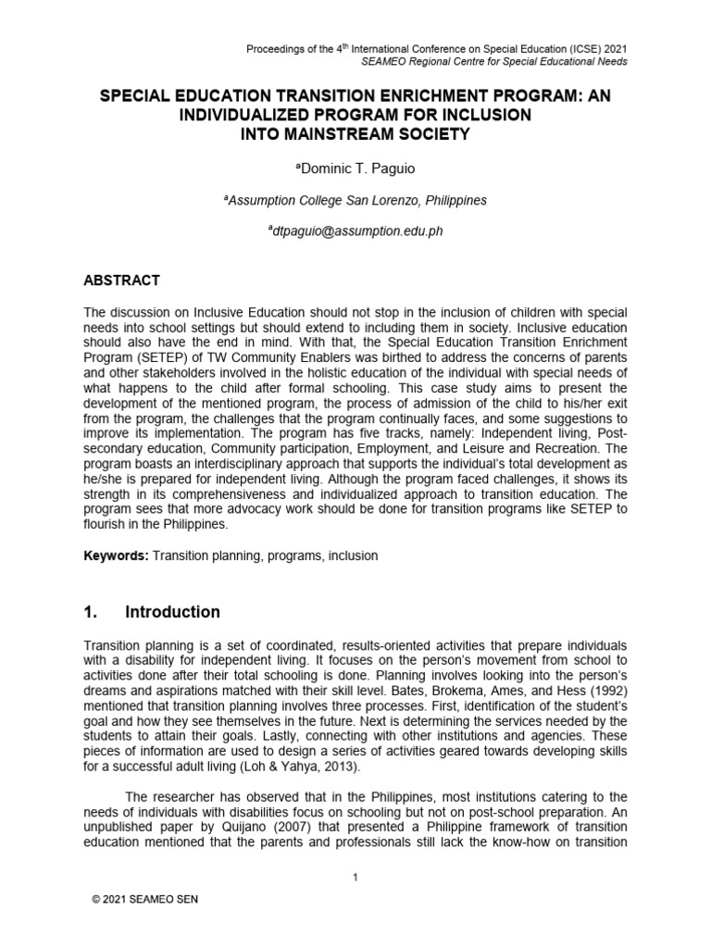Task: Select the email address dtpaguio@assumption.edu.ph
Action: pos(355,231)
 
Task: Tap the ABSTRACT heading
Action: pos(123,280)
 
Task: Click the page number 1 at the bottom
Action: pos(355,878)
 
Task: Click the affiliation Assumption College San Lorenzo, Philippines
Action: pos(355,200)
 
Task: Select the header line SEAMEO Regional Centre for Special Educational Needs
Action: pos(471,61)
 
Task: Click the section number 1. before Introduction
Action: pos(92,612)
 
